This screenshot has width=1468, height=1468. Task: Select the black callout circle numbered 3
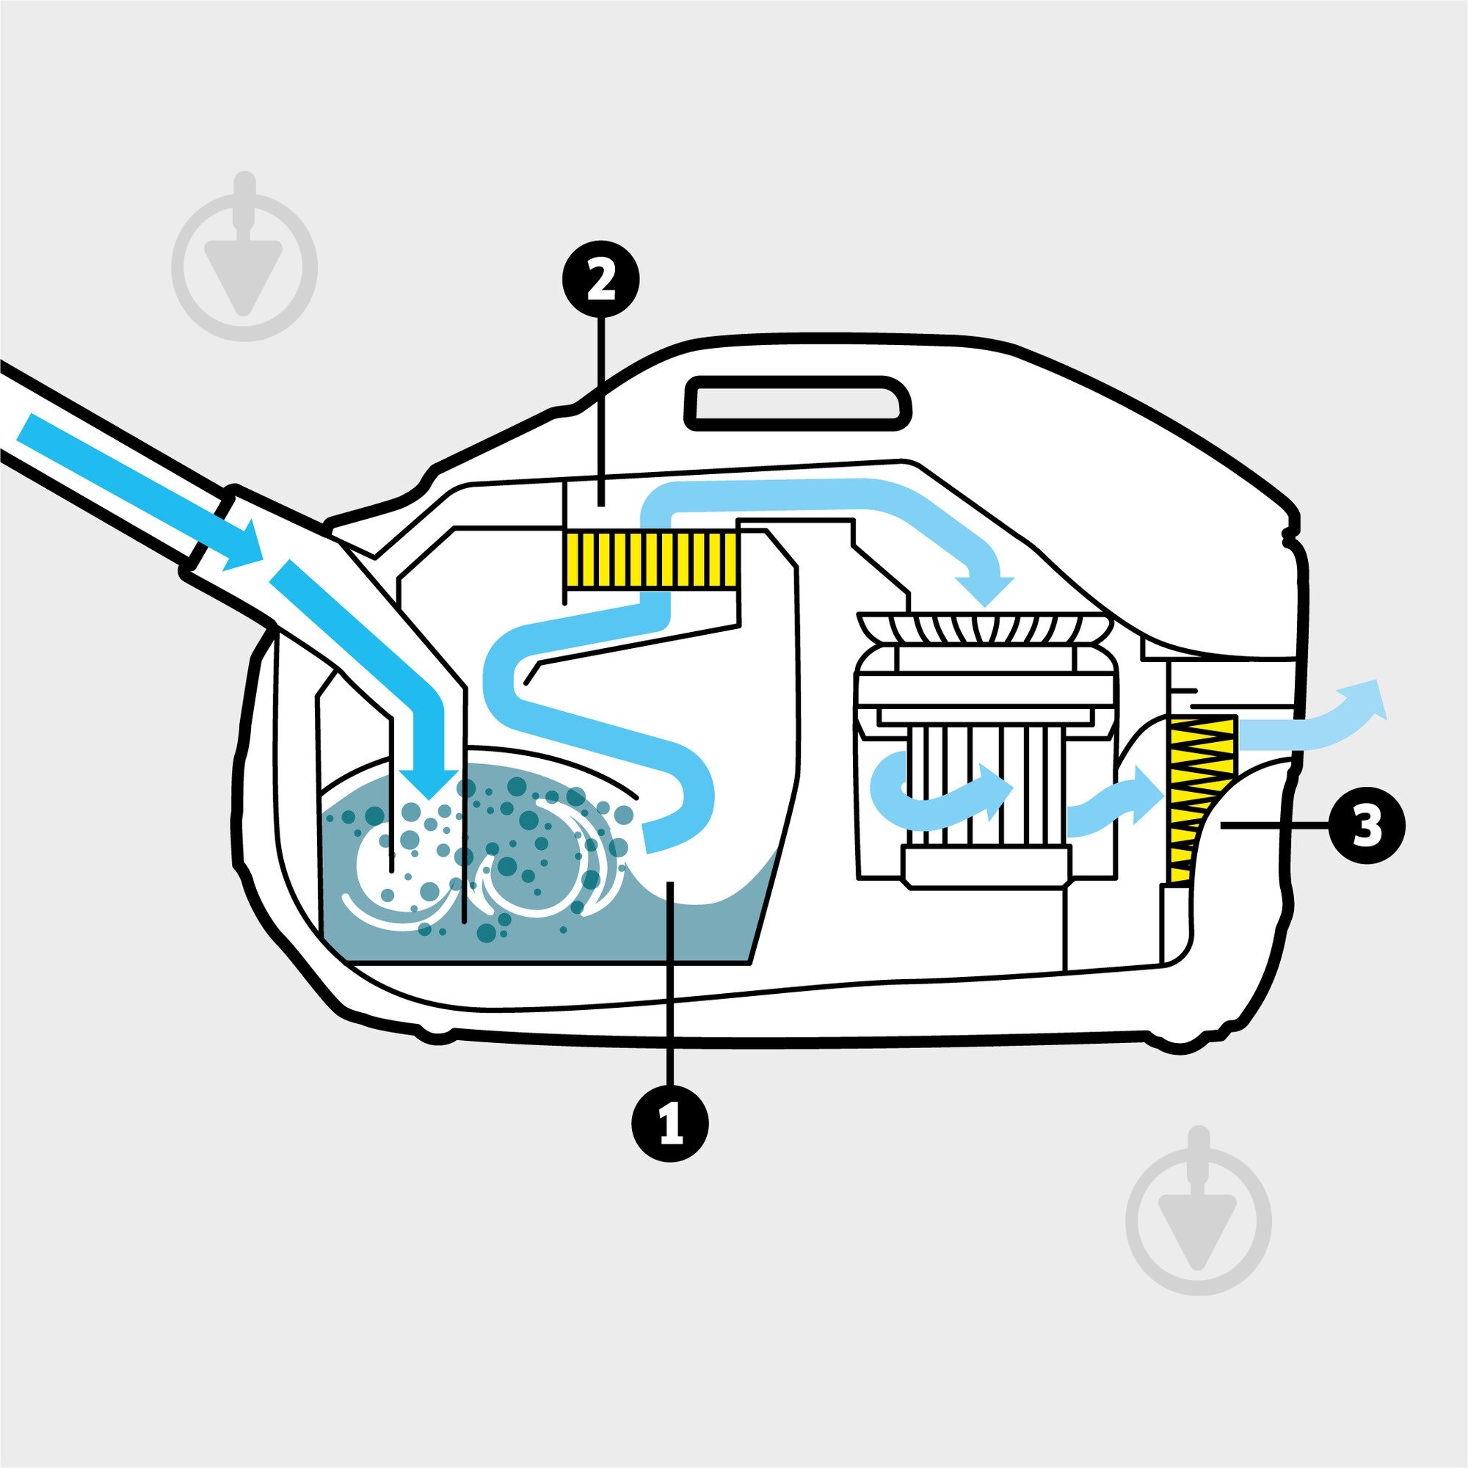pos(1366,825)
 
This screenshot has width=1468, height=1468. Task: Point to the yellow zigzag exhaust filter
pos(1204,799)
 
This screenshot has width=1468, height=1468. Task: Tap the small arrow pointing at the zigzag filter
pos(1116,800)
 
